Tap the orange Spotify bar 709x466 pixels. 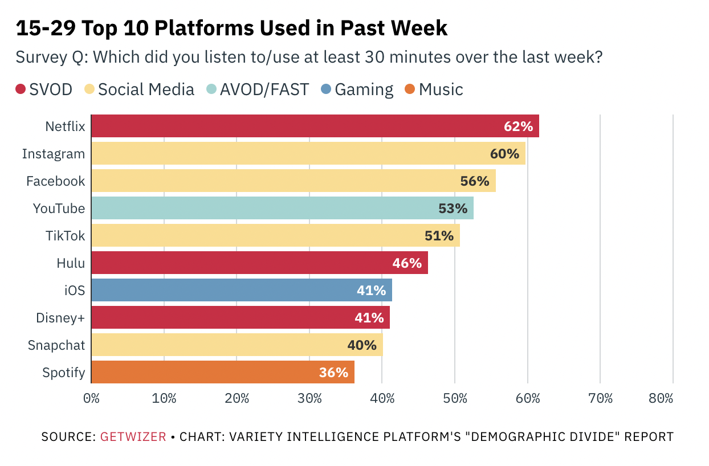[222, 372]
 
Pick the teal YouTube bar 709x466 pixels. [282, 208]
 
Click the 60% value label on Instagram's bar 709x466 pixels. [504, 154]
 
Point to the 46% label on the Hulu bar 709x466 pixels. [407, 263]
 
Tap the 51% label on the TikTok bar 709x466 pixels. [439, 236]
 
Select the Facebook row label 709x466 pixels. [55, 181]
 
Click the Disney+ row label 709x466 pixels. [59, 318]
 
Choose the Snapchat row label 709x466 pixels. [56, 345]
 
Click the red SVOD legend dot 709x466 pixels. [21, 89]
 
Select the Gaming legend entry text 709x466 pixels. [364, 89]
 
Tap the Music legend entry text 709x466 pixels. [441, 89]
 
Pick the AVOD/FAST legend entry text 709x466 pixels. [264, 89]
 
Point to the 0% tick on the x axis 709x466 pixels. [91, 398]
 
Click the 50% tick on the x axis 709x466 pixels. [455, 398]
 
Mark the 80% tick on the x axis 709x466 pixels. [661, 398]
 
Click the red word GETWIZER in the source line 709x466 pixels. [133, 437]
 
